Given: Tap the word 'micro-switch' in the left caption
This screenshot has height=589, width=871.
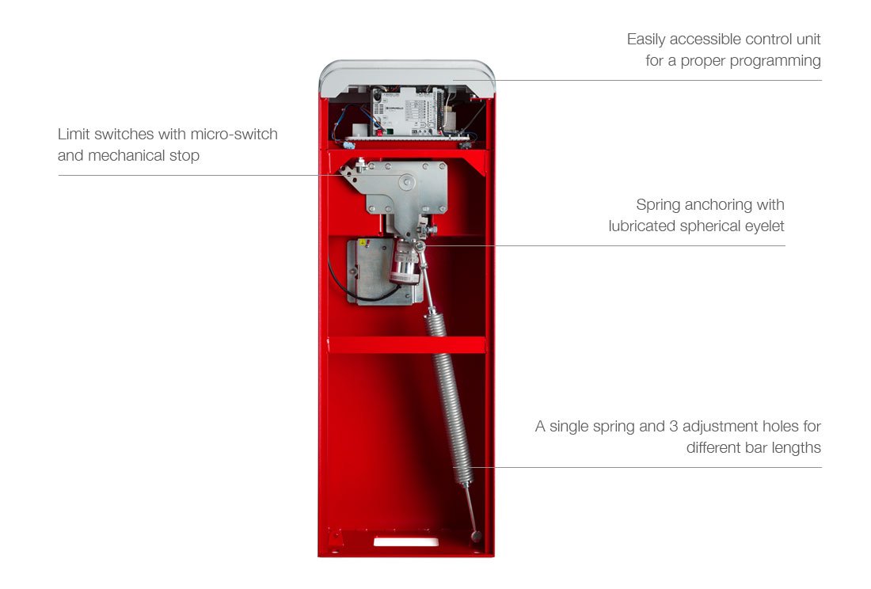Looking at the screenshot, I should pyautogui.click(x=234, y=134).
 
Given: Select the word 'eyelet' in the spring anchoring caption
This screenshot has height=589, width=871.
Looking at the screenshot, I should pyautogui.click(x=762, y=226).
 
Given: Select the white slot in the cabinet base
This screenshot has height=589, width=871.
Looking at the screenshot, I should pyautogui.click(x=405, y=541).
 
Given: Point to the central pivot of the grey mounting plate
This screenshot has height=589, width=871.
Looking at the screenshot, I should pyautogui.click(x=407, y=183).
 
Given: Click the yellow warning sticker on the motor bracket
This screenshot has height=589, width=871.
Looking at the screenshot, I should pyautogui.click(x=362, y=245).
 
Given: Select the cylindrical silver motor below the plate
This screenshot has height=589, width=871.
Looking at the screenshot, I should pyautogui.click(x=405, y=264).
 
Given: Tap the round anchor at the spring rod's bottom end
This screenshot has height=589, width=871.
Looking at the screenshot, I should pyautogui.click(x=476, y=537).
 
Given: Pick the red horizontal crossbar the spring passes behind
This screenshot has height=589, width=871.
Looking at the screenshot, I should pyautogui.click(x=406, y=345).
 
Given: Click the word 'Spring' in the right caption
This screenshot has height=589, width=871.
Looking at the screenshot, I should pyautogui.click(x=659, y=205).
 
